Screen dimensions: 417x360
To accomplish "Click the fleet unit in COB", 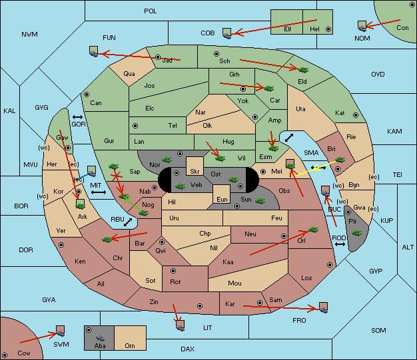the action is point(227,33).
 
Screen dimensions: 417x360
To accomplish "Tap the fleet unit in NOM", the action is point(362,27).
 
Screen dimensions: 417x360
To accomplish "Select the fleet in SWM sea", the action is point(61,331).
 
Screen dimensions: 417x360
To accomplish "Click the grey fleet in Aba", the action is point(100,338).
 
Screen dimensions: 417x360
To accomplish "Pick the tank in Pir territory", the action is point(356,233).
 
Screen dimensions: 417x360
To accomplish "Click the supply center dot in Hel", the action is point(328,29).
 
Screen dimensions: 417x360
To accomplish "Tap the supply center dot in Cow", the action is point(5,355).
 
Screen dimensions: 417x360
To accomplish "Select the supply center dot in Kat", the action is point(356,115).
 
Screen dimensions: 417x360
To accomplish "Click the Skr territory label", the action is point(195,172).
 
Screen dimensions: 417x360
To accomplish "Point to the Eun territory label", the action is point(222,199).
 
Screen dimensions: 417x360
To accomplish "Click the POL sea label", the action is point(151,11).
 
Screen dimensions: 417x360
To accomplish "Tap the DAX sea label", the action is point(187,349).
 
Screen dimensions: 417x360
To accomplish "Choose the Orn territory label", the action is point(130,345).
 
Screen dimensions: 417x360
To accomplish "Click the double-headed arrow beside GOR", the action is point(77,117).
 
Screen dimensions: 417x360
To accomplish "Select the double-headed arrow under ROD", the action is point(340,244).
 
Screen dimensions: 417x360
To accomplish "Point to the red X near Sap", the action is point(117,176).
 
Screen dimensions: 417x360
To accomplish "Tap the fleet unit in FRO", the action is point(323,307).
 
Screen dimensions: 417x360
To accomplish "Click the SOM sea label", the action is point(378,331).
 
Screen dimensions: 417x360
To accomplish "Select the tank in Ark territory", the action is point(81,204).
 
